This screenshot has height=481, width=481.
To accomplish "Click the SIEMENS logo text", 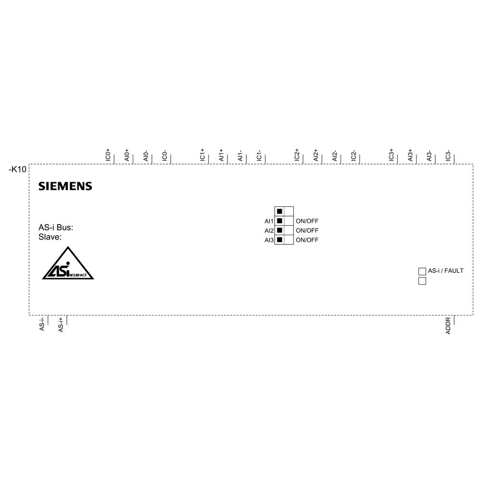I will coord(65,186).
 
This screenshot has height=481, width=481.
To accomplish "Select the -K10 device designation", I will coord(18,169).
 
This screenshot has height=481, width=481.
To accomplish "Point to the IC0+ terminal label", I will coord(108,155).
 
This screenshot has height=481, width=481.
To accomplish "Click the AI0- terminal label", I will coord(146,156).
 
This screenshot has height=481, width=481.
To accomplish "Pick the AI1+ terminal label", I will coord(221,155).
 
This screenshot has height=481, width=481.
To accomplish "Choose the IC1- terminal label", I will coord(259,156).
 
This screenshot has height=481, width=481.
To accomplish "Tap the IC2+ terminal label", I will coord(297,155).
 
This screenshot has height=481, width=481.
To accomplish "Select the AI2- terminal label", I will coord(335,156).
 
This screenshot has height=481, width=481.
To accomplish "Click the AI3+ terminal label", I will coord(411,155).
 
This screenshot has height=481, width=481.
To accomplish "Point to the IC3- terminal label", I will coord(448,156).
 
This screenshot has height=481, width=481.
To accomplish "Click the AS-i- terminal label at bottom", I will coord(42,324).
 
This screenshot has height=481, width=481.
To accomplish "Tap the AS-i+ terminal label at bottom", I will coord(61,324).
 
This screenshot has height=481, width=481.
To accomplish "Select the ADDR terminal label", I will coord(448,326).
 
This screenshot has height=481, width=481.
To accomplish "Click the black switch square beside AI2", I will coord(279,230).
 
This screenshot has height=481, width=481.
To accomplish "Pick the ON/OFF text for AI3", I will coord(307,240).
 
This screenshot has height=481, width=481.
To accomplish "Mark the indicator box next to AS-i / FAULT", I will coord(422,271).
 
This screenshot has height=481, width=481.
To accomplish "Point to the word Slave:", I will coord(50,237).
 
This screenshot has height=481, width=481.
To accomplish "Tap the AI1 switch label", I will coord(269,221).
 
